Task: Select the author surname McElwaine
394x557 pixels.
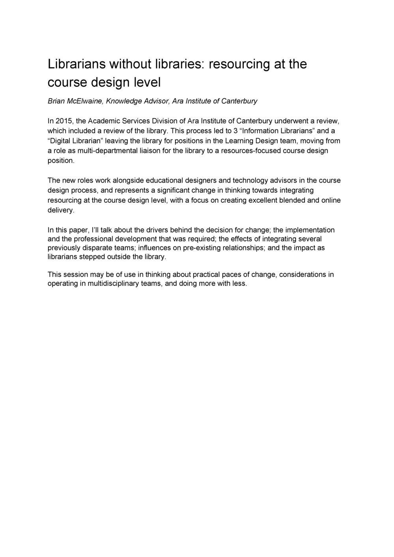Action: click(86, 101)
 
